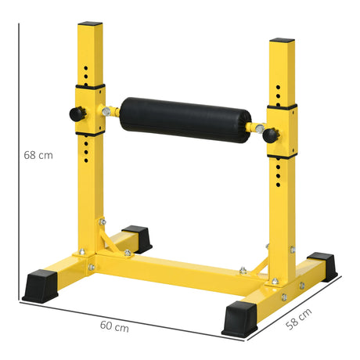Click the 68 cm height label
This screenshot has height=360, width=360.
tap(38, 155)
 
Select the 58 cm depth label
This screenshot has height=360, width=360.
tap(300, 319)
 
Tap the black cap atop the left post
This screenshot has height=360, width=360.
tap(91, 25)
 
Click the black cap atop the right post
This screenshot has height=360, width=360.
tap(282, 40)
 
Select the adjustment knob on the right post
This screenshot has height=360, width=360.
tap(270, 135)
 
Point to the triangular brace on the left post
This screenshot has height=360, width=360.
tap(109, 237)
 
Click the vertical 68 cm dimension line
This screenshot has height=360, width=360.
tap(17, 157)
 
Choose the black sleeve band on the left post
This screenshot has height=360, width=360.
tap(91, 87)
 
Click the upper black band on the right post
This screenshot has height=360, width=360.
tap(281, 106)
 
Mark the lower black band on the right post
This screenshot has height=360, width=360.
tap(281, 154)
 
